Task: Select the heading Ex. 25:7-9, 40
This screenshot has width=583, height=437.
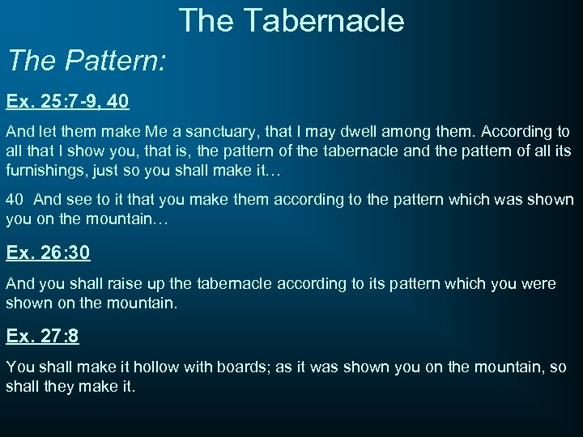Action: (x=67, y=103)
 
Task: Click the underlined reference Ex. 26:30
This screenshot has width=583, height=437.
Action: (x=48, y=252)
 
